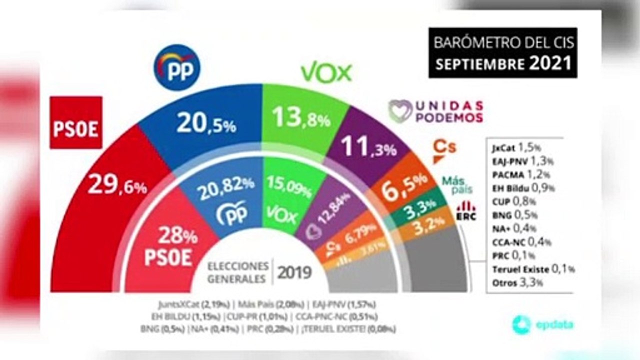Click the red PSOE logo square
tap(76, 122)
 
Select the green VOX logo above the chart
tap(326, 73)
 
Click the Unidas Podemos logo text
tap(435, 111)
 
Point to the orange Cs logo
tap(444, 150)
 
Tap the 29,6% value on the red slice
tap(117, 186)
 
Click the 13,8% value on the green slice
tap(300, 119)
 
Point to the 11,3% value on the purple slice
tap(368, 147)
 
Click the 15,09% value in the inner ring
tap(284, 183)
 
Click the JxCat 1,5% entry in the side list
tap(516, 148)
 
